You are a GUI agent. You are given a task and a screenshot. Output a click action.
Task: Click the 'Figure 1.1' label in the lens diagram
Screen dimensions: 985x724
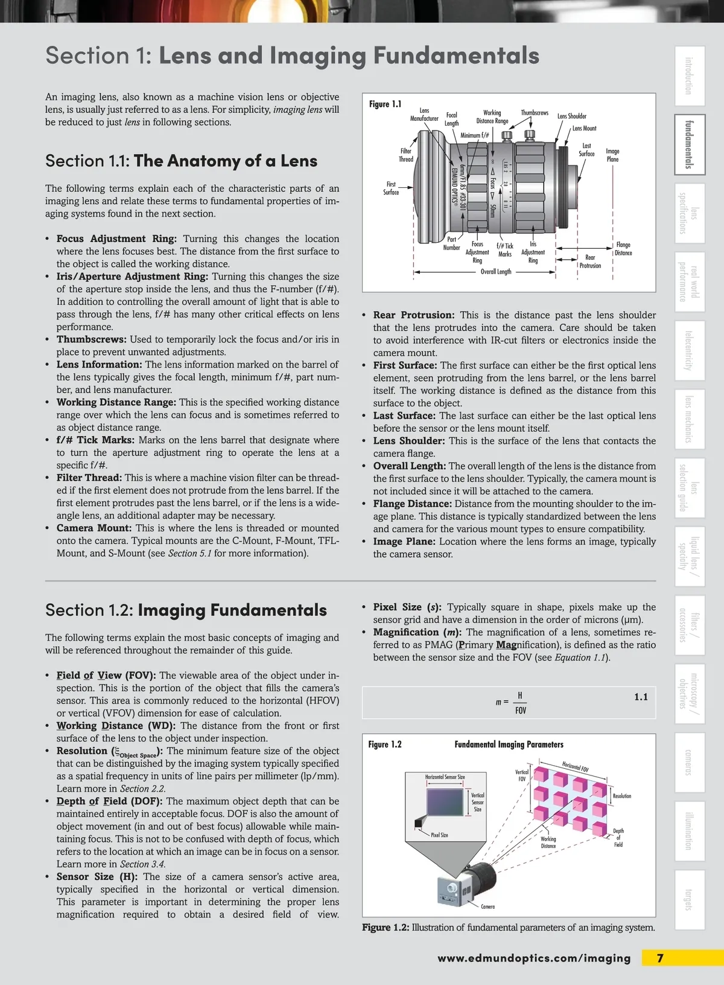coord(385,104)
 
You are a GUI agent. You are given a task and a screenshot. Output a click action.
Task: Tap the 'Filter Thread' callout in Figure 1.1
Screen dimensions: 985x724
coord(405,155)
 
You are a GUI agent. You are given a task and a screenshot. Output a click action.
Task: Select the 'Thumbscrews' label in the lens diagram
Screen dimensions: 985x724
coord(535,113)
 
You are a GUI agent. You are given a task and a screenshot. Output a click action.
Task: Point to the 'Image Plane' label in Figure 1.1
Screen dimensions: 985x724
coord(612,155)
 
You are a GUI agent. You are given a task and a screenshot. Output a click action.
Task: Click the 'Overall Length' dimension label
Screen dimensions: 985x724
coord(495,272)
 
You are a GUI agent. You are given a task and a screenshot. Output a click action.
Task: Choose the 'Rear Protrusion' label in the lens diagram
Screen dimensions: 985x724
coord(590,261)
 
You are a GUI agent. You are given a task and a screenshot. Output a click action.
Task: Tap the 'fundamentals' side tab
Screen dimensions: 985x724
coord(689,144)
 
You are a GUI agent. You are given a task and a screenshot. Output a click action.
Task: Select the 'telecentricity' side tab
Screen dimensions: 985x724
coord(689,350)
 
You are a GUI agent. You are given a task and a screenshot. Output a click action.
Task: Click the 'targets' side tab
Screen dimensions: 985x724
coord(689,900)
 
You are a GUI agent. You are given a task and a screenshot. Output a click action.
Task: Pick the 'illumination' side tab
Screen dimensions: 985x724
coord(689,831)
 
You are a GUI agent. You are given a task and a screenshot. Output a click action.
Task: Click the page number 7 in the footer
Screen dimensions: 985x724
coord(660,958)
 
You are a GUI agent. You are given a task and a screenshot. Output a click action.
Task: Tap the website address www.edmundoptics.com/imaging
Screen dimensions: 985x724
coord(534,958)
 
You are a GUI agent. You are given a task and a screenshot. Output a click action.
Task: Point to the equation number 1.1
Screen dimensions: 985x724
coord(641,697)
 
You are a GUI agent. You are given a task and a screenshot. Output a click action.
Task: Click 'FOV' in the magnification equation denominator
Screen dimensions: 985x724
coord(521,711)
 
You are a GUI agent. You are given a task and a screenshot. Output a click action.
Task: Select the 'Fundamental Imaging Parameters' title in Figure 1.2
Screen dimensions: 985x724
coord(509,745)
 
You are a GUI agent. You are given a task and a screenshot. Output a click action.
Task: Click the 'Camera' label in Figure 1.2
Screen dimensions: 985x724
coord(487,906)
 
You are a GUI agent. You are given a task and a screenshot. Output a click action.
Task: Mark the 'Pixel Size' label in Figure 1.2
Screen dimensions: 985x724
coord(439,835)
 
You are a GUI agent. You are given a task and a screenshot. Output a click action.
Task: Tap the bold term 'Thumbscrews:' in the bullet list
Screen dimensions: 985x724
coord(91,339)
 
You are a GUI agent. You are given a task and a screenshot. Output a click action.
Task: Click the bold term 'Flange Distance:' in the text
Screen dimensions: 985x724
coord(412,504)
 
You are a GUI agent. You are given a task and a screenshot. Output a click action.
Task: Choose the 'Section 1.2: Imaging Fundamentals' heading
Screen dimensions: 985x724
coord(186,610)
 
